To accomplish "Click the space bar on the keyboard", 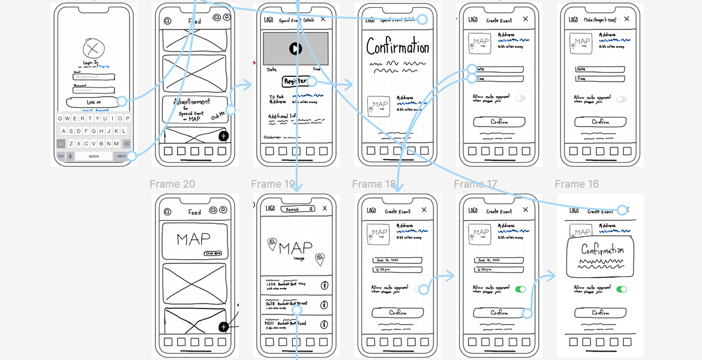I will pos(94,156).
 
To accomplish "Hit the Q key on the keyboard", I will pos(60,119).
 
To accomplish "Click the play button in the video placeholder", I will pos(295,49).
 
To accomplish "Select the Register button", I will pos(295,81).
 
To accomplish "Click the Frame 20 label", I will pos(172,184).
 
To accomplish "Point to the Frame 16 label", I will pos(577,184).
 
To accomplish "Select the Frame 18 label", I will pos(374,184).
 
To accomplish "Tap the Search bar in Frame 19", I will pos(297,209).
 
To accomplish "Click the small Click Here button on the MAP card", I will pos(213,253).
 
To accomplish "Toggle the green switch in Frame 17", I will pos(520,289).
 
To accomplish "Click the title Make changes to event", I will pos(600,20).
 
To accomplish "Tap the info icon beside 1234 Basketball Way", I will pos(325,285).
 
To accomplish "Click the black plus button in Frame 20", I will pos(223,327).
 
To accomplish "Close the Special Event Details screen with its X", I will pos(323,19).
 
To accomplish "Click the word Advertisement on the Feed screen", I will pos(192,102).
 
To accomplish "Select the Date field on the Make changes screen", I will pos(600,69).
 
